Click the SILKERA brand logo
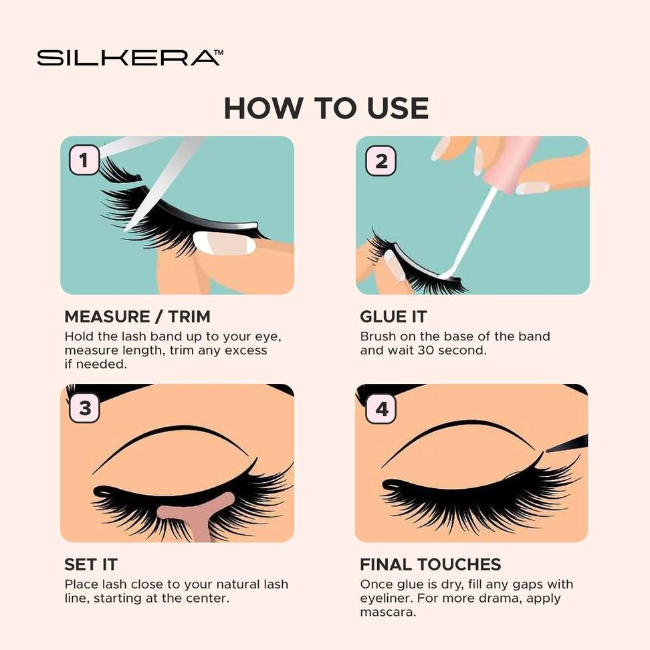click(130, 58)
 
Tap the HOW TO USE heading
click(326, 108)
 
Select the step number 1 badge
click(84, 160)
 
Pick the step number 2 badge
click(381, 161)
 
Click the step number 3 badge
click(84, 408)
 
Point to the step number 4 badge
click(381, 409)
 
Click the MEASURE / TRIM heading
click(137, 317)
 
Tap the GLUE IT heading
click(393, 317)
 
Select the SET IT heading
click(91, 564)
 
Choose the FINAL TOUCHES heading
click(430, 564)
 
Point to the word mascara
click(388, 613)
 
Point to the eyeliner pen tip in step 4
click(547, 450)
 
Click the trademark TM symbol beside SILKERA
click(219, 52)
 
